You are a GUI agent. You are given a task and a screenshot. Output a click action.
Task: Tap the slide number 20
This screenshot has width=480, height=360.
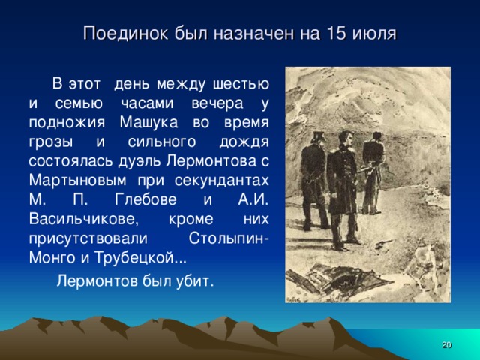tap(445, 344)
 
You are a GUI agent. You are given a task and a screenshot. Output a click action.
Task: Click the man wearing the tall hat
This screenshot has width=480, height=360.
tap(313, 180)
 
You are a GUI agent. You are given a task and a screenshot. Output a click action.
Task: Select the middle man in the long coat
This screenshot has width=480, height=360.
tap(342, 191)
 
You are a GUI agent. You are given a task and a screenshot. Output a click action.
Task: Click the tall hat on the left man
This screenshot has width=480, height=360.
tap(316, 136)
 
